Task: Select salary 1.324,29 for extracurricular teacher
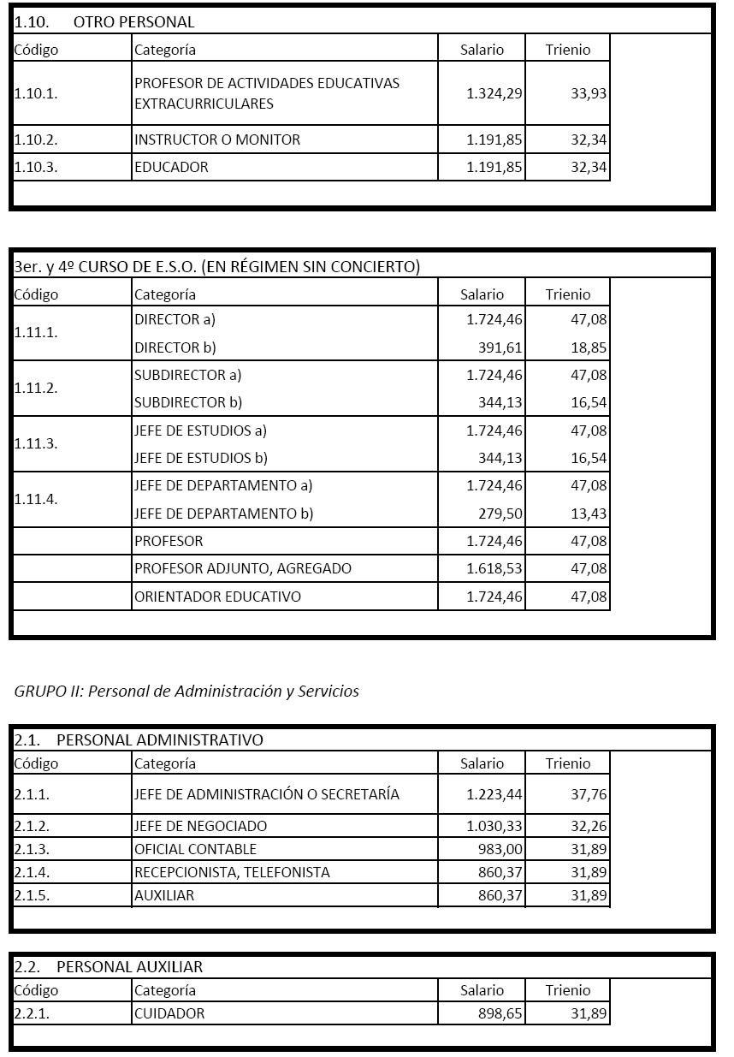pos(494,93)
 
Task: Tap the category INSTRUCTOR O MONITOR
pos(217,140)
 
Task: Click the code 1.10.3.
pos(36,167)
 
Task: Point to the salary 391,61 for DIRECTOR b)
pos(500,347)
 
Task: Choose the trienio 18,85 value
pos(589,347)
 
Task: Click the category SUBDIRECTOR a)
pos(188,375)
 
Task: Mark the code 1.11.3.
pos(36,443)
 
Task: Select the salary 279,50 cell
pos(500,514)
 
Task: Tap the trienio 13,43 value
pos(589,514)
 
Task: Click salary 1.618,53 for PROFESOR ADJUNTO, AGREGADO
pos(494,568)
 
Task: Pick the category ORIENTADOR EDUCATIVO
pos(217,597)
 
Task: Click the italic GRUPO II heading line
pos(186,692)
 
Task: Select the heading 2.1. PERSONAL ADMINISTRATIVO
pos(139,739)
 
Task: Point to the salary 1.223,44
pos(494,794)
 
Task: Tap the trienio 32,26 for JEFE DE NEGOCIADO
pos(589,826)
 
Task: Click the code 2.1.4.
pos(32,872)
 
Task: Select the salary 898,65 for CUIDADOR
pos(500,1013)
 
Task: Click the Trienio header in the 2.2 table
pos(568,990)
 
